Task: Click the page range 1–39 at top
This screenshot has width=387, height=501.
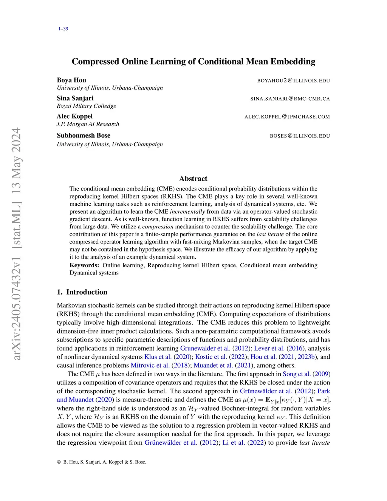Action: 63,29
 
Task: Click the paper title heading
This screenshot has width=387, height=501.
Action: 193,61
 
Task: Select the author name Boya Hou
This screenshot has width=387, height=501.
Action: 71,80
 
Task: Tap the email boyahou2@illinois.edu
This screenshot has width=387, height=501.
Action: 293,81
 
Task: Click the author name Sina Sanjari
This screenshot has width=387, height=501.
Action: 75,98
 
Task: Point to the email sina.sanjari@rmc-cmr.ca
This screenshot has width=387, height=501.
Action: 290,99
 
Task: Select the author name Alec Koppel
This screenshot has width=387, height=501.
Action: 74,116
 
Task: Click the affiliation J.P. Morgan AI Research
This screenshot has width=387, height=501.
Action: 88,124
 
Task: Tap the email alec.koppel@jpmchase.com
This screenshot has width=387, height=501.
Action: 287,117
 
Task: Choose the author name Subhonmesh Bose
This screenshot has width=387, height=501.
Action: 84,135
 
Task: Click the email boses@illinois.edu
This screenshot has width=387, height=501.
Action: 300,136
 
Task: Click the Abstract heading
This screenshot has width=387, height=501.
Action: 193,178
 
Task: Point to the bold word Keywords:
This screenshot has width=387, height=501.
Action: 84,265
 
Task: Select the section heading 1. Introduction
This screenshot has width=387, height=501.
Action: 82,292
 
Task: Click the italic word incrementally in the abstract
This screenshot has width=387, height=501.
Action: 187,211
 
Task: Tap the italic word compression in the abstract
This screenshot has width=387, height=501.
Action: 158,226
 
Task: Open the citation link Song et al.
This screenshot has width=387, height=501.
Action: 297,374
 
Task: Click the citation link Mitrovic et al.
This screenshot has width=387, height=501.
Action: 150,365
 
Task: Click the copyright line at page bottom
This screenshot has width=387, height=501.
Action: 102,462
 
